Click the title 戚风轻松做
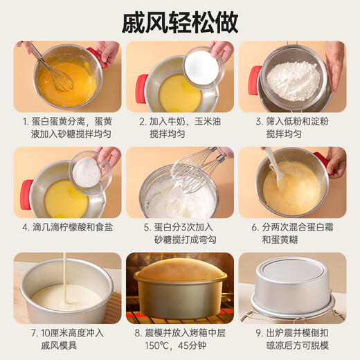coord(180,23)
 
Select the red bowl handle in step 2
coord(141,89)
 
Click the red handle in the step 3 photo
coord(255,80)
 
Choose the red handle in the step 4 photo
coord(27,195)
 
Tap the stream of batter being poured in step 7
coord(66,278)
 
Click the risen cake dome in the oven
coord(180,269)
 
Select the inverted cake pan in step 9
coord(292,286)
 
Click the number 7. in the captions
coord(35,333)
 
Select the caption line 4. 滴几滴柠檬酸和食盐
coord(67,227)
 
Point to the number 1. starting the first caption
coord(26,122)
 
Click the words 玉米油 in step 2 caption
coord(207,121)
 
